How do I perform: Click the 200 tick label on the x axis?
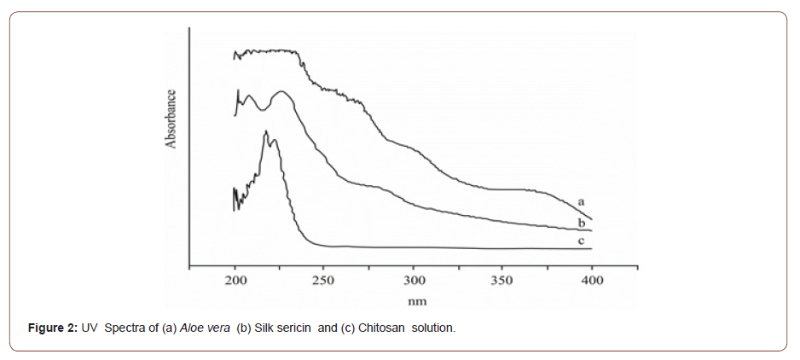(x=235, y=281)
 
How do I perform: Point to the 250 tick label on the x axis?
(x=324, y=281)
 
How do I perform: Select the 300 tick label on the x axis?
(x=413, y=281)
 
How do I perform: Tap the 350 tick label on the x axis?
(x=501, y=281)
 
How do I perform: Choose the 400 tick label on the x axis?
(x=591, y=281)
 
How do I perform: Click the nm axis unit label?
(x=416, y=301)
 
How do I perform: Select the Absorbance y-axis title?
(x=171, y=119)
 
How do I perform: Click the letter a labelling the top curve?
(x=581, y=200)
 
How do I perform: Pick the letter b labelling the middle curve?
(x=581, y=222)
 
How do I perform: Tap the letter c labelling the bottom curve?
(x=581, y=241)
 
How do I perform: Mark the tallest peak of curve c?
(x=266, y=132)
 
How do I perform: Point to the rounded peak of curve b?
(x=280, y=91)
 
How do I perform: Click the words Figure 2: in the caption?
(x=53, y=328)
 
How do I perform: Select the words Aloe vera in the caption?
(x=204, y=328)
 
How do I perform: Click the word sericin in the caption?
(x=294, y=328)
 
